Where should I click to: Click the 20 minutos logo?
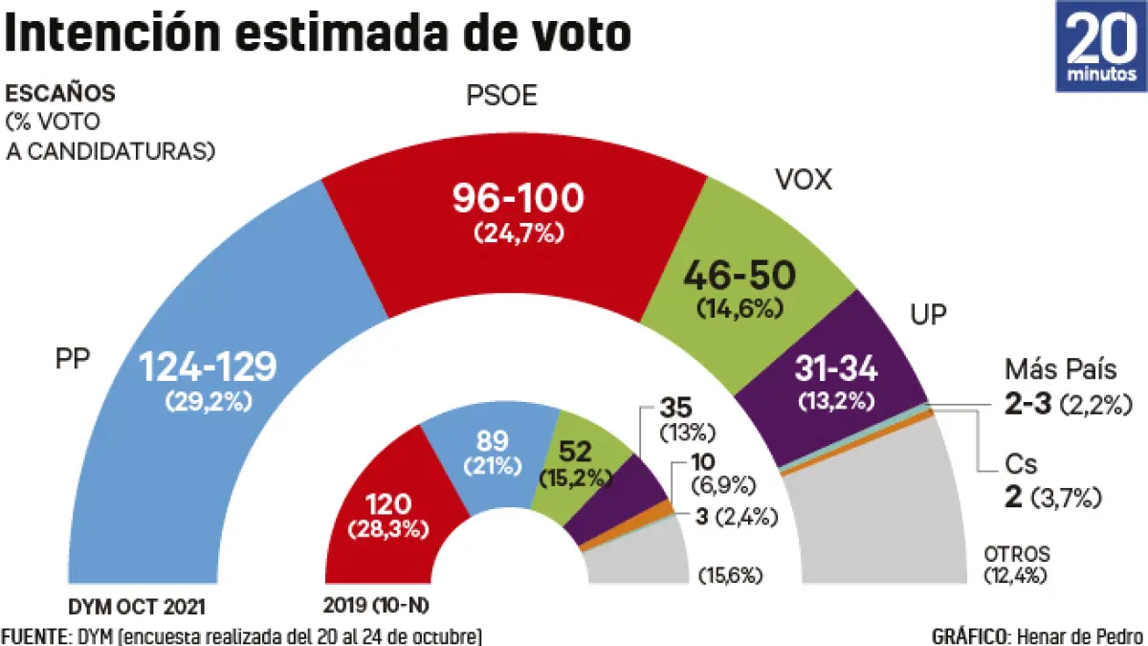pos(1100,46)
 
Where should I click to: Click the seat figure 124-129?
pos(208,366)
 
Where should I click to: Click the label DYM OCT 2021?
pos(137,606)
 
